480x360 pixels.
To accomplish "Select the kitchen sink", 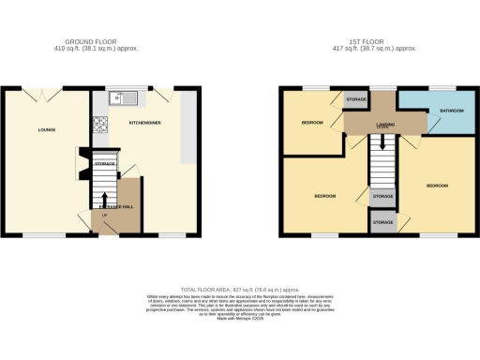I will (123, 97).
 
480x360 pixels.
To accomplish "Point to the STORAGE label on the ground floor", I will (104, 164).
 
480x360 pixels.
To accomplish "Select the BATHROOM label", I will (439, 111).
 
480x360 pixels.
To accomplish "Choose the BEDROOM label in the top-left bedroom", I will (312, 123).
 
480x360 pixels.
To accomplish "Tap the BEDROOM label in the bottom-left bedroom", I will (324, 196).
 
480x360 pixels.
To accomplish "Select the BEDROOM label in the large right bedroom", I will (437, 186).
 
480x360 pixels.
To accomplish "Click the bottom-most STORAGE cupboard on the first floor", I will (382, 222).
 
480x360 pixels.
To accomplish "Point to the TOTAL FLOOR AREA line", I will (240, 291).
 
